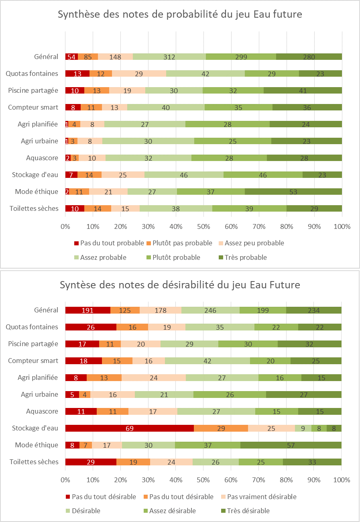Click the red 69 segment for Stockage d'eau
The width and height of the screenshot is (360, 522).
click(129, 428)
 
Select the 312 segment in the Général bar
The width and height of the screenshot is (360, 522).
click(169, 57)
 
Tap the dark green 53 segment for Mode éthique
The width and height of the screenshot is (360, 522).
click(293, 192)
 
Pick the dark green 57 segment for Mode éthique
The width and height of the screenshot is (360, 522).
click(291, 445)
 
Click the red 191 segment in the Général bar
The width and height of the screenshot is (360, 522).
click(87, 310)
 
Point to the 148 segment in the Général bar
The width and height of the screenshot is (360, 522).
click(115, 57)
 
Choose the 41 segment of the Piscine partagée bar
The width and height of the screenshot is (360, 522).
click(302, 90)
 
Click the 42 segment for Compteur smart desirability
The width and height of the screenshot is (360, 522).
click(207, 361)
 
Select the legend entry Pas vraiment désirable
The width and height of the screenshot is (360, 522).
click(262, 497)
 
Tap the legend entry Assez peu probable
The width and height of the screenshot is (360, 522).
click(254, 243)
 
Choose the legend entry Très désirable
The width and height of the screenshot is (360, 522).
click(248, 511)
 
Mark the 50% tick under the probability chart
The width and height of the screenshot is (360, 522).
click(203, 226)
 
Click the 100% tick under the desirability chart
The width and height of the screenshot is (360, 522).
click(341, 480)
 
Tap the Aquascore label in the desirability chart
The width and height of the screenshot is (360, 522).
click(42, 411)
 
